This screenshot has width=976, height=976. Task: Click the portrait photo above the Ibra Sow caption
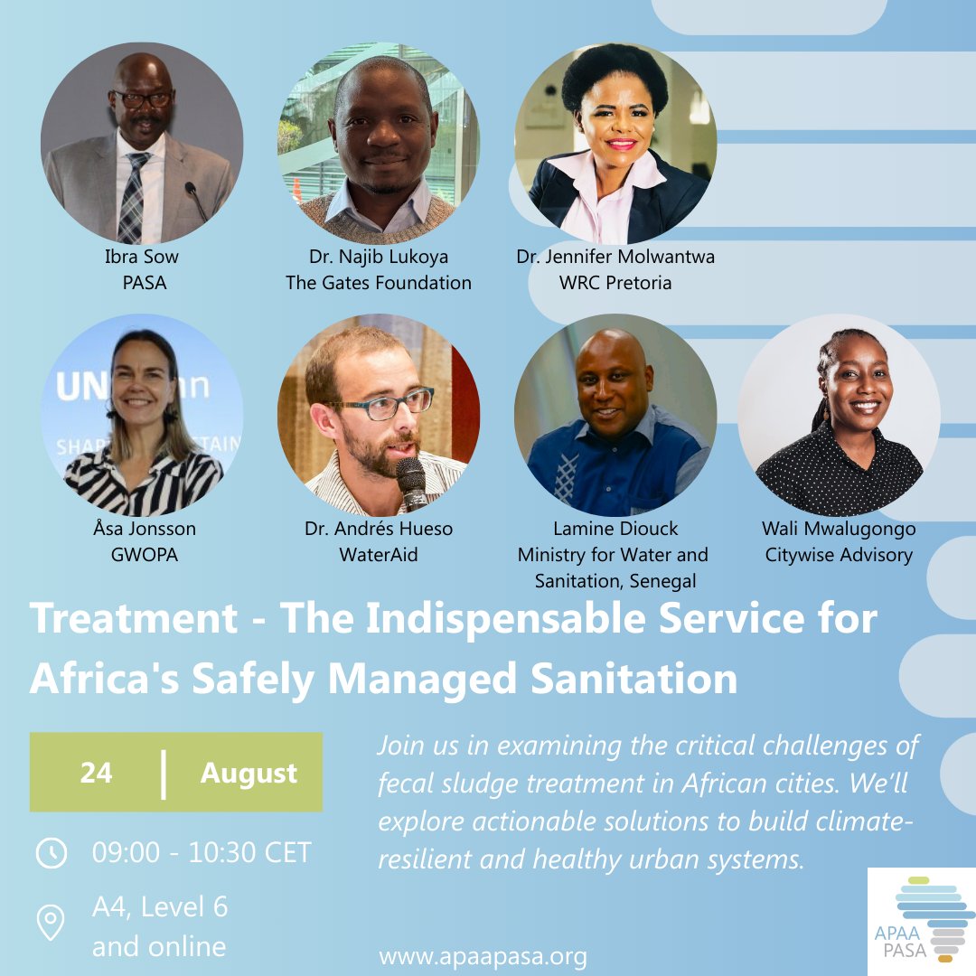pyautogui.click(x=142, y=143)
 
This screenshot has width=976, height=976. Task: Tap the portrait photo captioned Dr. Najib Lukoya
pyautogui.click(x=379, y=143)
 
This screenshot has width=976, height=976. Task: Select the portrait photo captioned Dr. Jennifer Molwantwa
pyautogui.click(x=615, y=143)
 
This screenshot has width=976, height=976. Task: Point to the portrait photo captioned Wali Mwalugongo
pyautogui.click(x=839, y=415)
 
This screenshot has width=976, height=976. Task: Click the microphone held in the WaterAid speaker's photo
pyautogui.click(x=411, y=482)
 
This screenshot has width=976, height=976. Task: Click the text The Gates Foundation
pyautogui.click(x=379, y=283)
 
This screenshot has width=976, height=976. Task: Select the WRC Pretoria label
pyautogui.click(x=615, y=283)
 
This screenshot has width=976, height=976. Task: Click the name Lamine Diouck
pyautogui.click(x=615, y=529)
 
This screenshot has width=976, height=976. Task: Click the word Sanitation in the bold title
pyautogui.click(x=634, y=678)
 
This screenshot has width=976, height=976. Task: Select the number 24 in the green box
pyautogui.click(x=96, y=774)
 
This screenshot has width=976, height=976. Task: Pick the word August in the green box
pyautogui.click(x=249, y=774)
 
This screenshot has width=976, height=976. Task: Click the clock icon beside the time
pyautogui.click(x=51, y=853)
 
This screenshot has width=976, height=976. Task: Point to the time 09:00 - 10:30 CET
pyautogui.click(x=202, y=852)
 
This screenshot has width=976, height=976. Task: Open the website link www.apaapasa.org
pyautogui.click(x=483, y=956)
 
